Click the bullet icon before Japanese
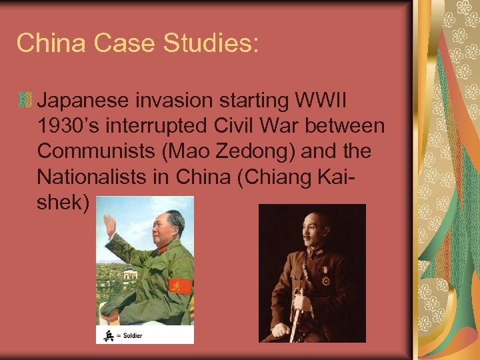tap(25, 101)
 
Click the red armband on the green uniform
tap(180, 287)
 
